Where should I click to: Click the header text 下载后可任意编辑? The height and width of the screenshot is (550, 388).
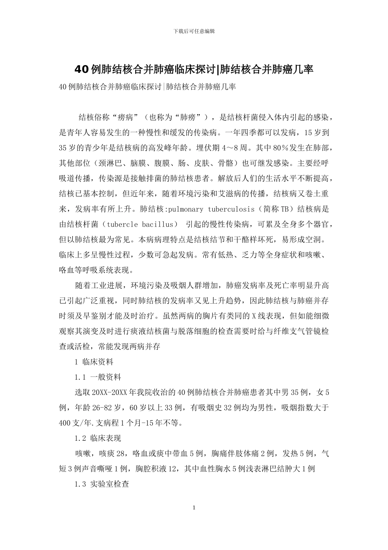pos(194,31)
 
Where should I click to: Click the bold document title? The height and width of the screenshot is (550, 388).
pos(194,70)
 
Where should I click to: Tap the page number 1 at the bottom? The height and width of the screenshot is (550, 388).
pos(194,508)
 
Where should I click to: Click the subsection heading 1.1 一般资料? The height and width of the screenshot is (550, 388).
pos(98,377)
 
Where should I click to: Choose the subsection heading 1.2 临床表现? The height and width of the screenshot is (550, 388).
pos(98,438)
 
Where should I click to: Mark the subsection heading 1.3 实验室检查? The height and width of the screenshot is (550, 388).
pos(102,484)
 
